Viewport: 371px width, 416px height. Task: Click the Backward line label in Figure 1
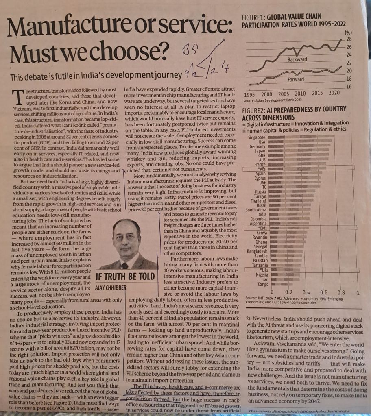click(297, 59)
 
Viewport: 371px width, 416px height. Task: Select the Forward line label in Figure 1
click(296, 80)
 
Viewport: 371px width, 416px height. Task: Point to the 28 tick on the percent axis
click(349, 39)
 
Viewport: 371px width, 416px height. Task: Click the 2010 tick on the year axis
click(300, 94)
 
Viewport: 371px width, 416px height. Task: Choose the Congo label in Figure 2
click(261, 284)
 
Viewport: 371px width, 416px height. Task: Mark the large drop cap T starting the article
click(18, 97)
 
